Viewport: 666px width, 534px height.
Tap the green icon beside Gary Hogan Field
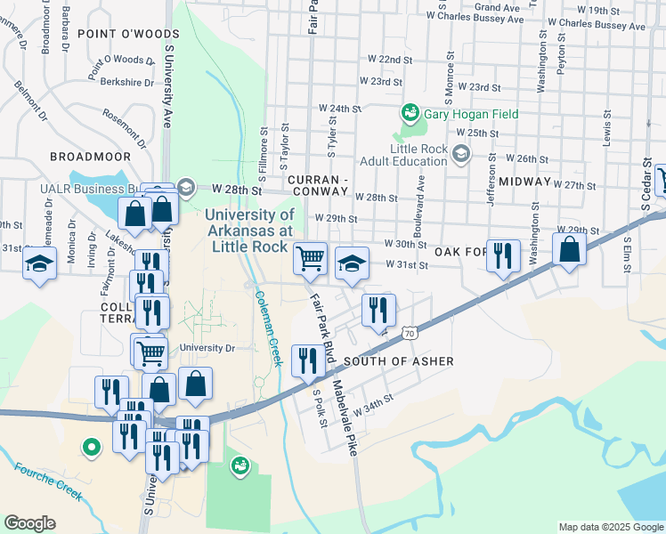point(410,113)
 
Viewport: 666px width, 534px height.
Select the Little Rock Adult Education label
point(403,155)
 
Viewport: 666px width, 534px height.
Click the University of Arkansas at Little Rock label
point(249,231)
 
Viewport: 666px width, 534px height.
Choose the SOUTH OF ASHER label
point(398,361)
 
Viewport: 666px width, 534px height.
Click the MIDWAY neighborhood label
point(525,182)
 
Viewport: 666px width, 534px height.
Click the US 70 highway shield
point(409,333)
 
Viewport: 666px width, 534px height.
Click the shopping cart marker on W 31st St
point(310,258)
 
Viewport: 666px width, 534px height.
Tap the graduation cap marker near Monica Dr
point(39,264)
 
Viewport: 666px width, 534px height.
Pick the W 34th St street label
point(373,406)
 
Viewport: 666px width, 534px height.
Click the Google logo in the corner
point(30,523)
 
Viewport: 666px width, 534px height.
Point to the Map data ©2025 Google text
point(611,527)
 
